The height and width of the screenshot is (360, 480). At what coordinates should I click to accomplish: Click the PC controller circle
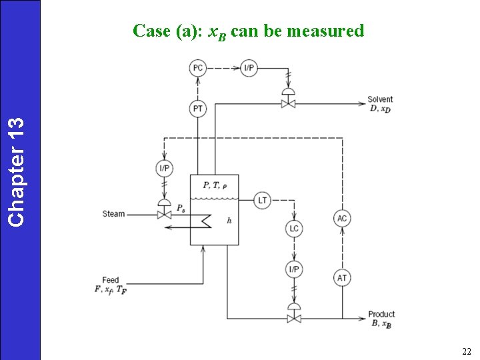198,67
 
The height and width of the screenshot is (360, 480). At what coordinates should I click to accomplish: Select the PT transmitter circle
198,108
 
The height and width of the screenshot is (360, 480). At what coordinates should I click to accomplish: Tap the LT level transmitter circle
262,200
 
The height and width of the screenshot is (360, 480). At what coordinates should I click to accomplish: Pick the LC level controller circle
294,229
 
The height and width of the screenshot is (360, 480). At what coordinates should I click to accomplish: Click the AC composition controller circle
342,219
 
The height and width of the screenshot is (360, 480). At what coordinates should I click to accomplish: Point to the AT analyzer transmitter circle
342,277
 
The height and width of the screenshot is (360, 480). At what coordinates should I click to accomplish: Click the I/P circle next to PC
249,67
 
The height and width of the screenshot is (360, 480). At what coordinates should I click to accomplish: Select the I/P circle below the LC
294,269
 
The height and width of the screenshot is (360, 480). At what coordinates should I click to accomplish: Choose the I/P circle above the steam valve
164,169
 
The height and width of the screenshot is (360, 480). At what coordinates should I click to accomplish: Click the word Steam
113,214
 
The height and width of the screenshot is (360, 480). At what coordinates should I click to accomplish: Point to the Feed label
111,280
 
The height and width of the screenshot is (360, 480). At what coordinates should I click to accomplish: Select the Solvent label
380,100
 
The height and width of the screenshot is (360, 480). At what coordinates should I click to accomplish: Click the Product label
381,314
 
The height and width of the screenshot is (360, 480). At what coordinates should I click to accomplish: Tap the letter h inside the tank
229,221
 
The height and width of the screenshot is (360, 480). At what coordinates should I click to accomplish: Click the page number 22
466,351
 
